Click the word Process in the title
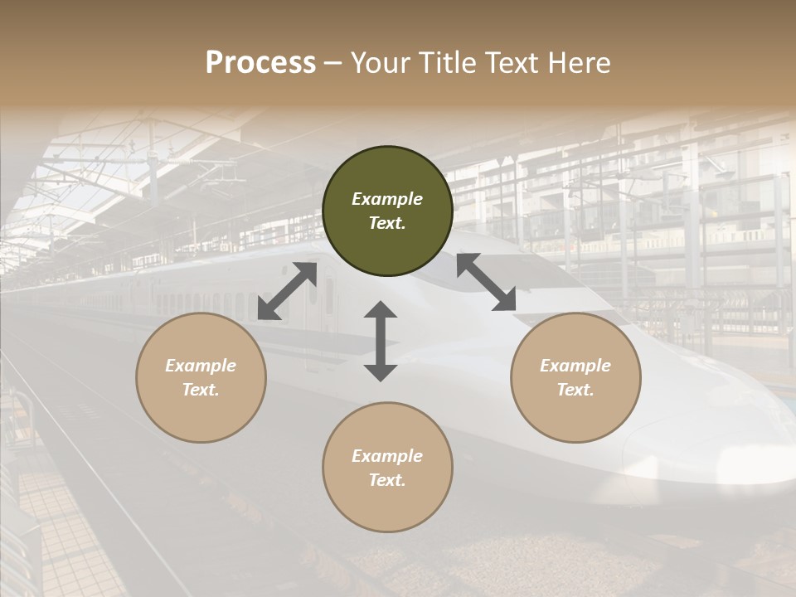tap(260, 63)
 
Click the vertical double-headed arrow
tap(381, 341)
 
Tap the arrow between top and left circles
tap(287, 291)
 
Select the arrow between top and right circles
tap(486, 282)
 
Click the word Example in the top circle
tap(387, 199)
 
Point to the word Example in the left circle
tap(201, 366)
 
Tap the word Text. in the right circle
tap(575, 390)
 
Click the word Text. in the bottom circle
tap(387, 480)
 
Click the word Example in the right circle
tap(575, 366)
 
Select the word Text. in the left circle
tap(201, 390)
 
